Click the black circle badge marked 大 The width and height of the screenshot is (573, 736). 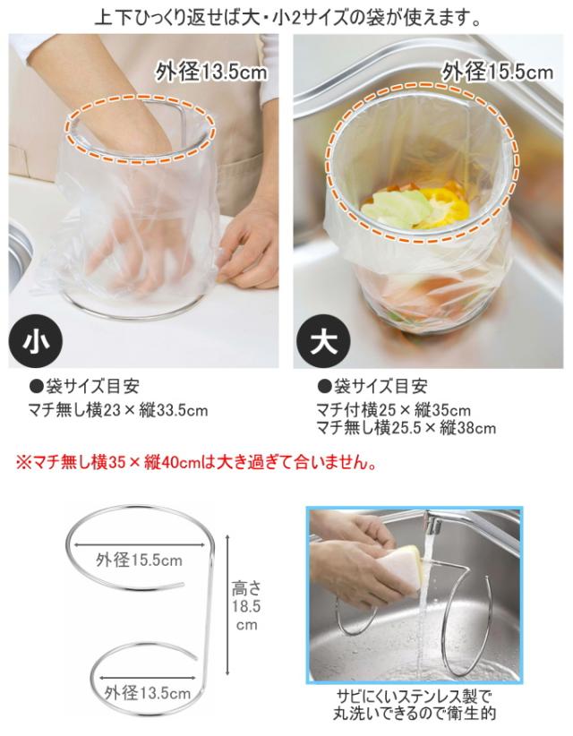[x=323, y=342]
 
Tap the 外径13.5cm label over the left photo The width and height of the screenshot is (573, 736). [x=211, y=72]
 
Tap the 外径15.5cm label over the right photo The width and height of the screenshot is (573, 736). [x=498, y=72]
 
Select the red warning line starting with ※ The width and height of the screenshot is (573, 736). [x=196, y=462]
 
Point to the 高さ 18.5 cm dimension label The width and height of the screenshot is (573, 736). [x=246, y=606]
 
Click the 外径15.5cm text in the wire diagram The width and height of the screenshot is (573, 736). [x=139, y=560]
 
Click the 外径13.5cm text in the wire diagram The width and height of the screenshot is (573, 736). [x=148, y=692]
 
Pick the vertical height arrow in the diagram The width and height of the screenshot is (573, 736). [x=227, y=604]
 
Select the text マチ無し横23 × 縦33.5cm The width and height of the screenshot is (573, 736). [x=118, y=410]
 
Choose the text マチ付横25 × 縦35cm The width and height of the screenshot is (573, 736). [x=393, y=410]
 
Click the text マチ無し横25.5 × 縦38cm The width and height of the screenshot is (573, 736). [x=406, y=428]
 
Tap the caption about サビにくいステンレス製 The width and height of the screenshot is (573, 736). [x=414, y=705]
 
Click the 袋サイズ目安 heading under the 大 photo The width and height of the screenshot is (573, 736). [x=372, y=386]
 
